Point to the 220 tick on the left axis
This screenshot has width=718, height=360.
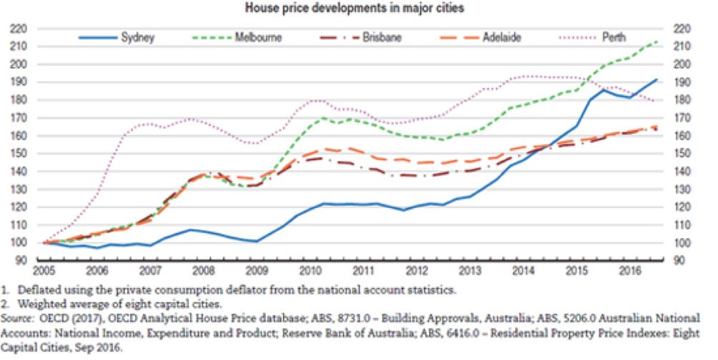click(x=19, y=29)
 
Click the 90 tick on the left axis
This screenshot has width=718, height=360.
click(x=21, y=261)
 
